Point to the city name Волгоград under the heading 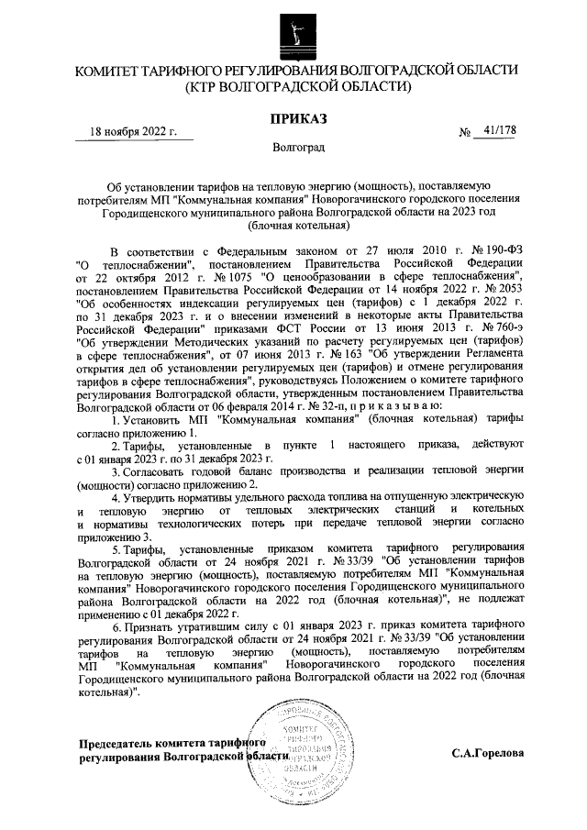click(296, 146)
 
